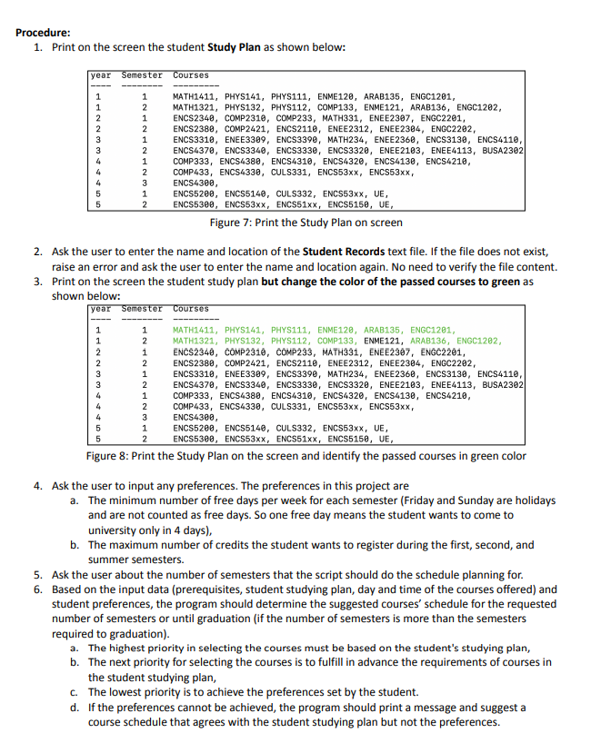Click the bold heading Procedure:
click(44, 32)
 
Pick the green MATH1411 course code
click(193, 330)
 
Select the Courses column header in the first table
click(191, 75)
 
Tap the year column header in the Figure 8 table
click(101, 310)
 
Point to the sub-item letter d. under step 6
click(75, 707)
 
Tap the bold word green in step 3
click(505, 282)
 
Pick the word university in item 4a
click(118, 530)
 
